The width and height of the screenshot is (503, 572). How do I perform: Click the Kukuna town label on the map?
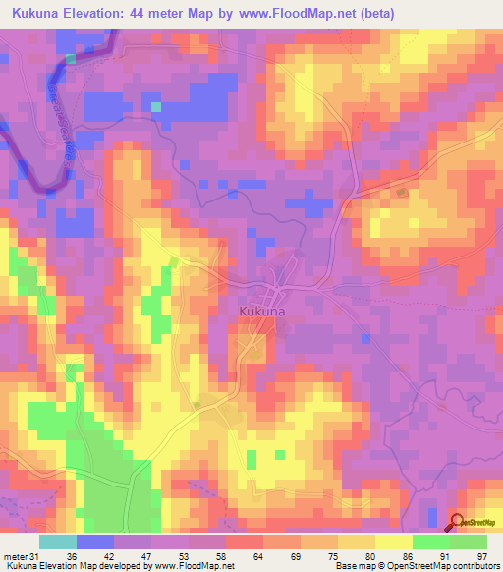[263, 312]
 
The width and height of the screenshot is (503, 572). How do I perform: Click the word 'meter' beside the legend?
[15, 556]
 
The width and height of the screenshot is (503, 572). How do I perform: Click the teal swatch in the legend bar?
[58, 542]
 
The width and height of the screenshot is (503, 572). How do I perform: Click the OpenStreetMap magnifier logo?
[457, 522]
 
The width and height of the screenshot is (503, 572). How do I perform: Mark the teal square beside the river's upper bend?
[71, 59]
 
